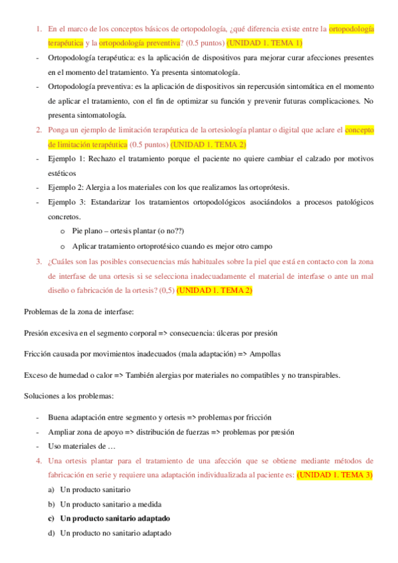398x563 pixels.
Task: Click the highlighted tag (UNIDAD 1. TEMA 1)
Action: pos(264,43)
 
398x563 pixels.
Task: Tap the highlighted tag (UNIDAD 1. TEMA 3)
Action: pos(335,475)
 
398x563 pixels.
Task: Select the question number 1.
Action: pos(39,29)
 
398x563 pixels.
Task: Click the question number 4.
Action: pos(39,461)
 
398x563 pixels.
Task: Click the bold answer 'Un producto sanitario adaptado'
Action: pos(115,519)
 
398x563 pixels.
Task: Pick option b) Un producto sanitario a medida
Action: pos(110,504)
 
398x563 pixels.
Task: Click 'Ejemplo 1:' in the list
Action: pos(66,159)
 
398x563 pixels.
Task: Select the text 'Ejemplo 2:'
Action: pos(66,187)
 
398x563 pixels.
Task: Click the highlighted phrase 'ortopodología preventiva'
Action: pos(140,43)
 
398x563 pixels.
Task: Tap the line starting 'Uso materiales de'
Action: pos(82,446)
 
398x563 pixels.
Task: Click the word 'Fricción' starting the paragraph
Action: pos(39,354)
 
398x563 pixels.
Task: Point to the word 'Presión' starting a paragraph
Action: pos(39,333)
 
